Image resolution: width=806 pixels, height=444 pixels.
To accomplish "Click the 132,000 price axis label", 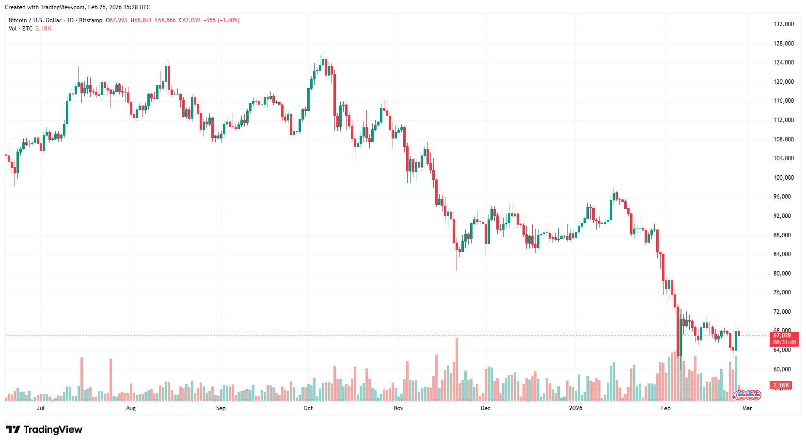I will coord(783,24).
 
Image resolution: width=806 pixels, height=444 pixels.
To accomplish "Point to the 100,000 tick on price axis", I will coord(783,178).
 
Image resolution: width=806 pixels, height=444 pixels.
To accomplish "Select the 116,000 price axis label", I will coord(783,101).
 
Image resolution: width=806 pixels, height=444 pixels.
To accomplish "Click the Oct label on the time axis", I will coord(308,408).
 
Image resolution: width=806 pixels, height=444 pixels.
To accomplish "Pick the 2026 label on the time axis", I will coord(576,408).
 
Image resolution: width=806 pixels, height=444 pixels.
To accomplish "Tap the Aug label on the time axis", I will coord(131,408).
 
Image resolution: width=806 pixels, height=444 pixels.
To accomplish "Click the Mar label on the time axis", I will coord(747,408).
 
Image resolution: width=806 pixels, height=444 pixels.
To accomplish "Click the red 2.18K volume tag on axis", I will coord(781,385).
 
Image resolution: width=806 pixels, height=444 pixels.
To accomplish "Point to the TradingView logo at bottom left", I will coord(44,429).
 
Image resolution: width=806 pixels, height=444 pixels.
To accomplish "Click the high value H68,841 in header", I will coord(141,20).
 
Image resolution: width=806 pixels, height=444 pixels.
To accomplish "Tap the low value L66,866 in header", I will coord(165,20).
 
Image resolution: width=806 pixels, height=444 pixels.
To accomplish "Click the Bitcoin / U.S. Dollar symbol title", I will coord(35,20).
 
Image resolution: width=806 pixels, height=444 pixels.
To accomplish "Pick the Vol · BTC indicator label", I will coord(20,29).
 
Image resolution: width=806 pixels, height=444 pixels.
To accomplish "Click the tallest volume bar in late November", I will coord(457,369).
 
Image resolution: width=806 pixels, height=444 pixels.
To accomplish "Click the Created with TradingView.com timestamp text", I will coord(78,7).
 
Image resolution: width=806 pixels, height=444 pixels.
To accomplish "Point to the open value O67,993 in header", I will coord(117,20).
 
